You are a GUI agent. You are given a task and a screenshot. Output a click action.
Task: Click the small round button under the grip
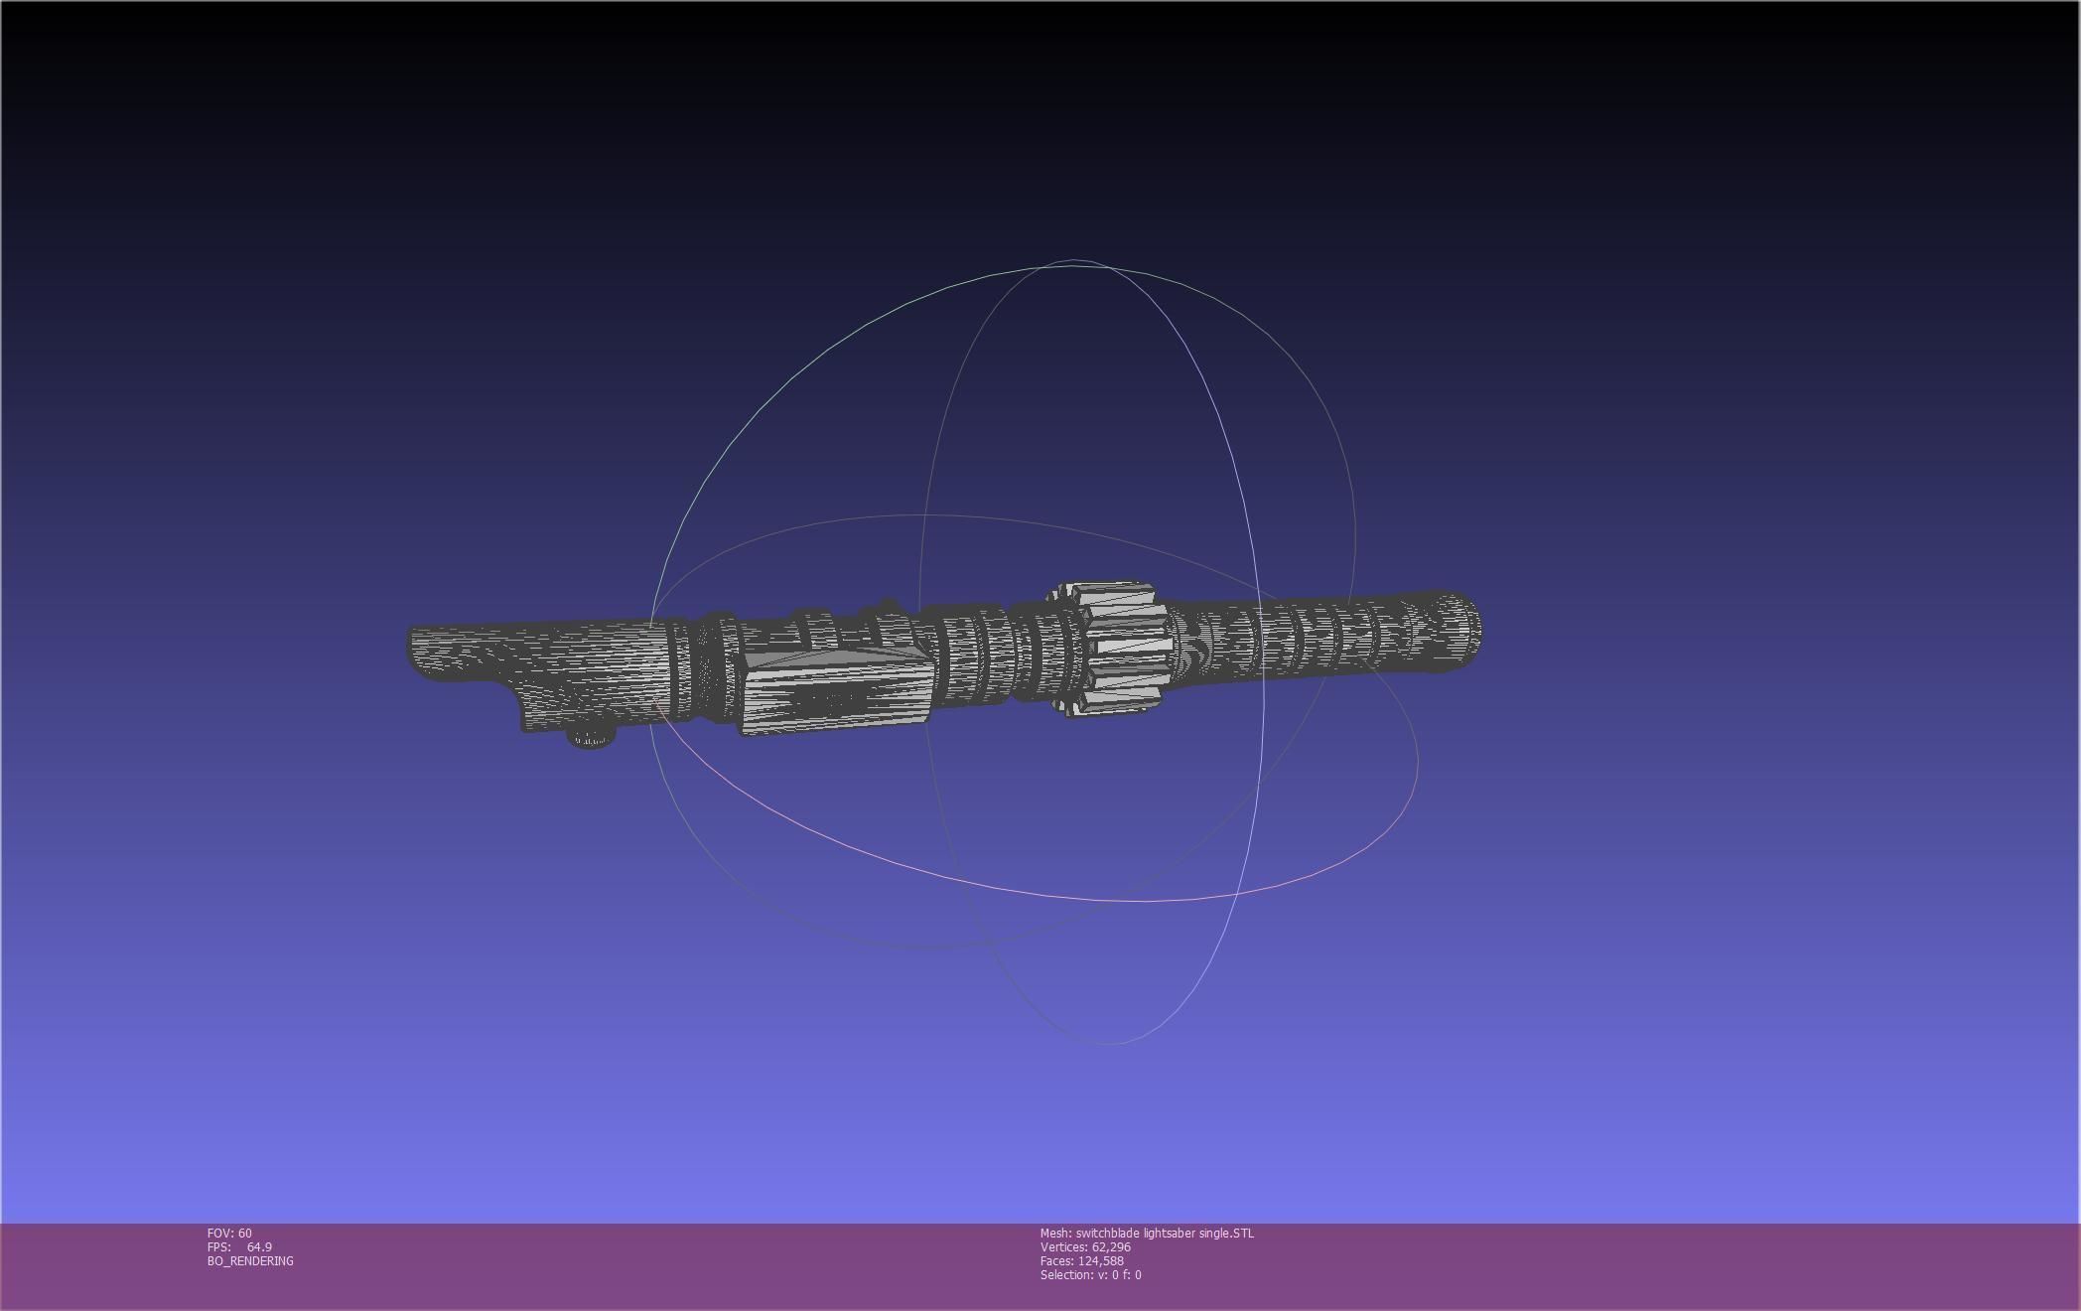(x=591, y=738)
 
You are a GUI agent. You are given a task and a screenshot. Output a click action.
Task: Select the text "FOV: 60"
(x=229, y=1233)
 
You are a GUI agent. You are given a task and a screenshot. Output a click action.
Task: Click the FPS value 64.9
(x=259, y=1246)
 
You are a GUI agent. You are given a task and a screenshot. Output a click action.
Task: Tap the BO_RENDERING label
(x=250, y=1260)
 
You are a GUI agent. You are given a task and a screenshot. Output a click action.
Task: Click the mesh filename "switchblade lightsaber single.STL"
(x=1165, y=1233)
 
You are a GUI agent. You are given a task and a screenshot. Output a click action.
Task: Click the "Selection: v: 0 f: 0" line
(x=1090, y=1274)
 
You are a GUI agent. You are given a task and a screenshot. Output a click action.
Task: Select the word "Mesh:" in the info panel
(x=1055, y=1233)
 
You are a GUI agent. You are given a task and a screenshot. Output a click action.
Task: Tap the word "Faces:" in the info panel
(x=1056, y=1260)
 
